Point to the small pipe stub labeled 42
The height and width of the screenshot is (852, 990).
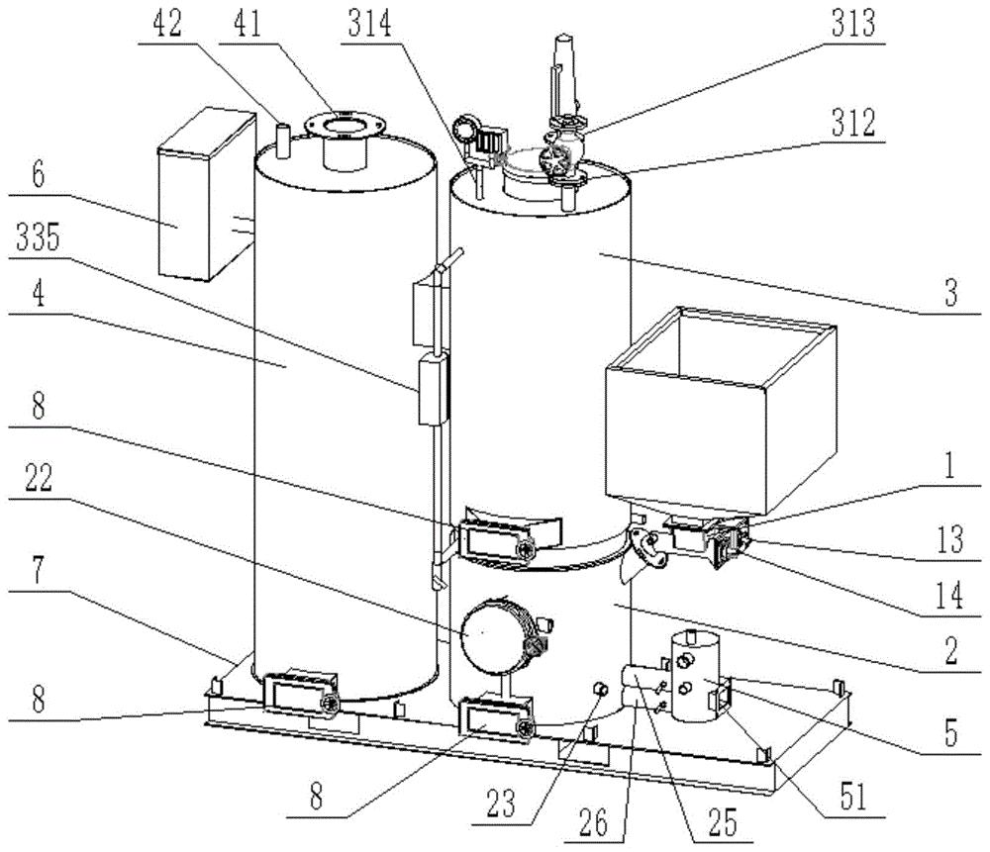[281, 141]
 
